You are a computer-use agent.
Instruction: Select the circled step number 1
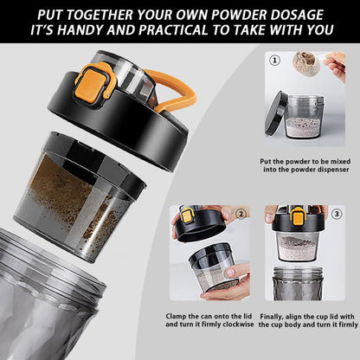click(x=275, y=61)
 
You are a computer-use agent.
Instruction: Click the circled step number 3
click(x=337, y=212)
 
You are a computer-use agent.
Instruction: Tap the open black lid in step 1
click(x=275, y=112)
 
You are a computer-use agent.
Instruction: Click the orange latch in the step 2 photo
click(x=187, y=215)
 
